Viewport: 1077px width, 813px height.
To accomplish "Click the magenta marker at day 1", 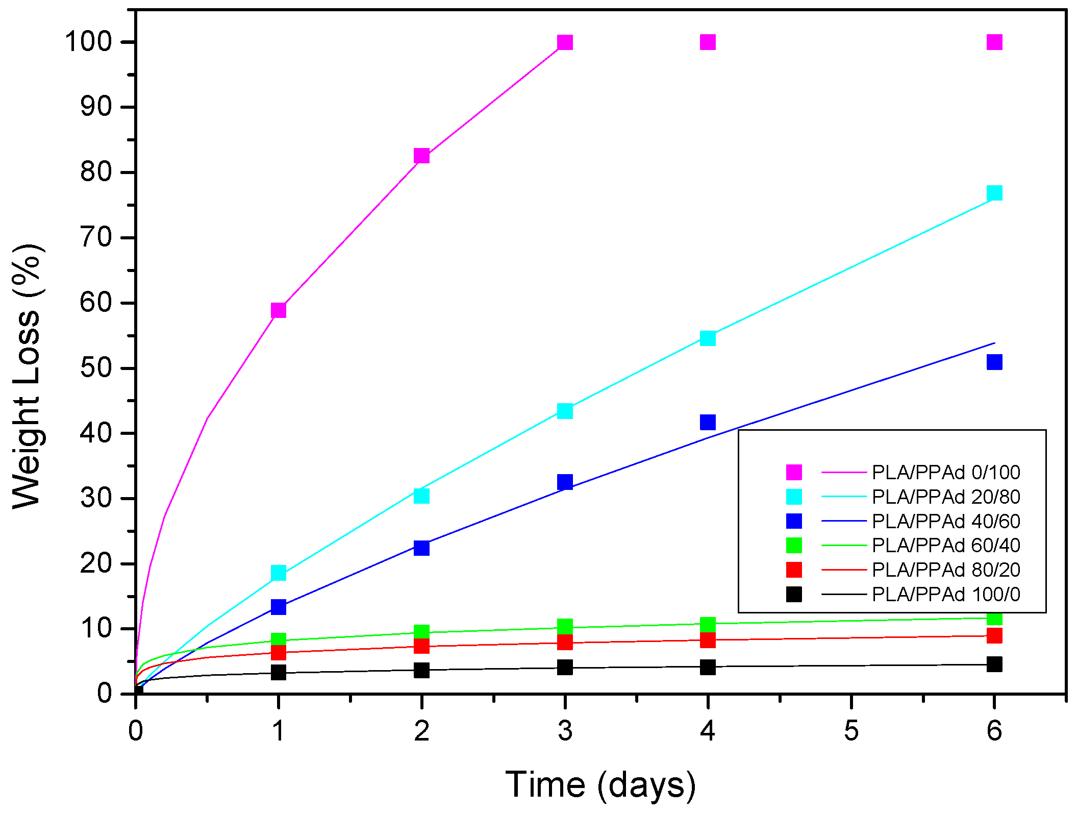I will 278,310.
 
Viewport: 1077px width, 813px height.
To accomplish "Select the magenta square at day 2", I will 421,156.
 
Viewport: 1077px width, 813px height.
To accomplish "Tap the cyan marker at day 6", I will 994,193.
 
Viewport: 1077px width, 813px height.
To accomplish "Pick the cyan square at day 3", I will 565,411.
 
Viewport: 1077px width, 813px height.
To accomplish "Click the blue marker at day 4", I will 708,422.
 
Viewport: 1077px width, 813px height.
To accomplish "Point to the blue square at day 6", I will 994,362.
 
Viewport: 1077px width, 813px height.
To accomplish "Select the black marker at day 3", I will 565,667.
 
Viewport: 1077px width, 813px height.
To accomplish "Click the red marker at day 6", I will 994,635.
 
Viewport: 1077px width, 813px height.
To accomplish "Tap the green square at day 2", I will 421,632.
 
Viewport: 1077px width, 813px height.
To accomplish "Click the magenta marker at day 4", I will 708,42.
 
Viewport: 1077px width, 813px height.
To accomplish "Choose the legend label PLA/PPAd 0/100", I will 946,473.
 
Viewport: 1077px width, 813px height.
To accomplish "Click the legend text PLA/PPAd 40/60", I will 946,522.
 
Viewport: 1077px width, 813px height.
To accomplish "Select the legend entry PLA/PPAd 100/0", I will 946,595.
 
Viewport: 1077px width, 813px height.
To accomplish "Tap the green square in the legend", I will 794,546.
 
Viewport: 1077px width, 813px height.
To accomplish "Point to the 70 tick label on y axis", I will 96,238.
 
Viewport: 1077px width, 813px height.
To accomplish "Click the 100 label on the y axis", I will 88,42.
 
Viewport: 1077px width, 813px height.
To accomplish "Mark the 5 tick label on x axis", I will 851,731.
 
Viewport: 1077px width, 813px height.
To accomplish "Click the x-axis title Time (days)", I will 600,785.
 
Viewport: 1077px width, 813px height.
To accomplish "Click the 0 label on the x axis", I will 135,731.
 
